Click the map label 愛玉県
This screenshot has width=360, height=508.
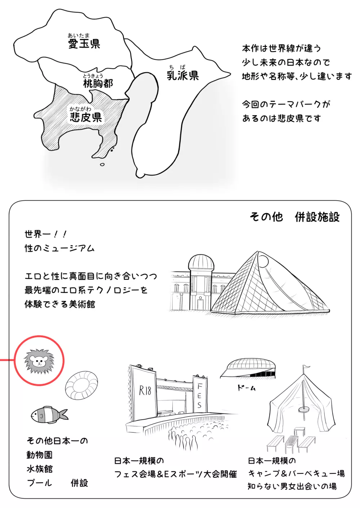[x=84, y=44]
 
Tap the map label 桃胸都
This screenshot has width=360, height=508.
[x=98, y=83]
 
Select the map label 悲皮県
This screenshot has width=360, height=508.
[x=86, y=117]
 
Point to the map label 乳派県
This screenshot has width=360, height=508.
[x=183, y=76]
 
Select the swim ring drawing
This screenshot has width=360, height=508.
[x=82, y=385]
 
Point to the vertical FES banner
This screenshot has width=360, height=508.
[x=199, y=395]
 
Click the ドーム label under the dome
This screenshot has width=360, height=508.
[x=246, y=388]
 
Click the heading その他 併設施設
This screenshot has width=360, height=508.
[x=294, y=217]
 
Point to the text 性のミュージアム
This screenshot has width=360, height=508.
[x=59, y=248]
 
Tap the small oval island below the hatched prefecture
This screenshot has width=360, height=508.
[x=102, y=164]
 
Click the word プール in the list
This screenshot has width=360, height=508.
[x=39, y=483]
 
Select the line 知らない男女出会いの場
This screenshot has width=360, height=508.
[x=292, y=486]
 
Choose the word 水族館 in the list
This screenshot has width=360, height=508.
[x=40, y=469]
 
